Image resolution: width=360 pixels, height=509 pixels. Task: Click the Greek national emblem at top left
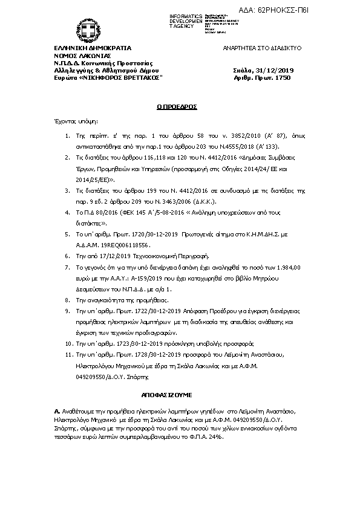(81, 28)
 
